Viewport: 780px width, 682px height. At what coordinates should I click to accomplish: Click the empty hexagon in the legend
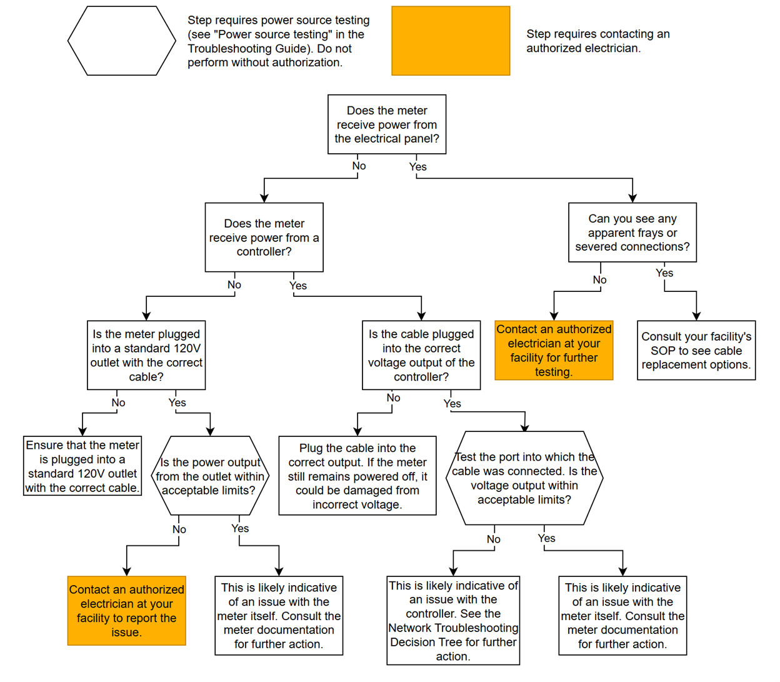[122, 41]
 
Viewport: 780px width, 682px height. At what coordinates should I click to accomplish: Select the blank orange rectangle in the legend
[451, 41]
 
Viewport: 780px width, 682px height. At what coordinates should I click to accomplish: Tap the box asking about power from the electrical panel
[387, 124]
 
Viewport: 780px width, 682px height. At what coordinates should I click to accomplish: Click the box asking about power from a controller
[264, 238]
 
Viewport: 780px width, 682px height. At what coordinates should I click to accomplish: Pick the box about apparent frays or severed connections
[632, 233]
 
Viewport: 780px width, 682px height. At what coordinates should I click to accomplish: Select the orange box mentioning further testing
[554, 351]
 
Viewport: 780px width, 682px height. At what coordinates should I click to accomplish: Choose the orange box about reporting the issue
[127, 611]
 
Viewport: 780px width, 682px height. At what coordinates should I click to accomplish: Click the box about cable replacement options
[696, 351]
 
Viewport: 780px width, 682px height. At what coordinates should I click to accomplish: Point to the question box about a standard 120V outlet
[146, 356]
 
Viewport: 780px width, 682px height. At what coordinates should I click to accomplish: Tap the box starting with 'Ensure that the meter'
[82, 466]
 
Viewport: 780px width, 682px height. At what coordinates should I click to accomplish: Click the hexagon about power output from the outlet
[210, 476]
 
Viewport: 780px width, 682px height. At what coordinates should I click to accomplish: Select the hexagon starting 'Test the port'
[524, 478]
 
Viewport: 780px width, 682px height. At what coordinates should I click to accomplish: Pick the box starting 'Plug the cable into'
[357, 476]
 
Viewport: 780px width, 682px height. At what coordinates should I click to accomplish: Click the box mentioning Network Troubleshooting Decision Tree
[453, 621]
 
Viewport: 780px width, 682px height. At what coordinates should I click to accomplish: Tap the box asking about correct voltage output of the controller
[421, 356]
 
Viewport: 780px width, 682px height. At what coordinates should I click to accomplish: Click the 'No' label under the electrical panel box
[359, 166]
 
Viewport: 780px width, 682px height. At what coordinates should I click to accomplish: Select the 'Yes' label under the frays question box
[664, 273]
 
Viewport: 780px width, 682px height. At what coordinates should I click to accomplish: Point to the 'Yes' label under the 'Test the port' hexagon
[546, 538]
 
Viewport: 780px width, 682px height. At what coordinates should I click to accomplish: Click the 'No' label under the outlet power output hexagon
[179, 529]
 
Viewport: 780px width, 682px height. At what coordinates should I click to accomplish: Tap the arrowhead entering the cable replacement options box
[696, 316]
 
